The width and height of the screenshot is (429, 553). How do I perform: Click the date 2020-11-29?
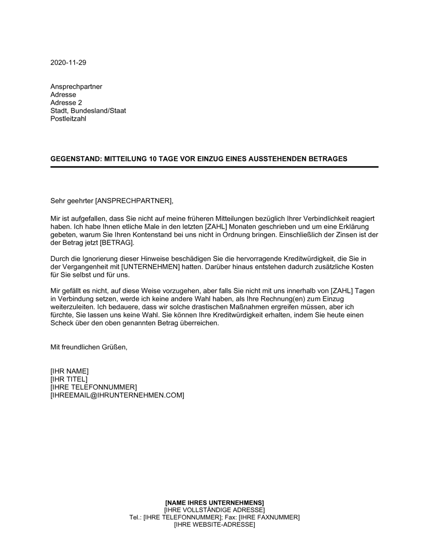click(68, 63)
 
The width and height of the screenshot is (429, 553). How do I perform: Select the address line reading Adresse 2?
click(66, 103)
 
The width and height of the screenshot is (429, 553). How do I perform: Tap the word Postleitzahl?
click(68, 119)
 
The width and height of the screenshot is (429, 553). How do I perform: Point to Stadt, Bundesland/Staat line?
click(88, 111)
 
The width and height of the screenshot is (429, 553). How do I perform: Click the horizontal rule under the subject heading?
click(214, 167)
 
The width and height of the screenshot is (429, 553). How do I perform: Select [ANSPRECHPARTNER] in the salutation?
click(134, 200)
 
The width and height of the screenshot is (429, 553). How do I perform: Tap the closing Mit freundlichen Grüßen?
click(89, 347)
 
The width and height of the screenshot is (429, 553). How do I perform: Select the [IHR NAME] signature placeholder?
click(69, 371)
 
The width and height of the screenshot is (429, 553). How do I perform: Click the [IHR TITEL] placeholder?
click(69, 379)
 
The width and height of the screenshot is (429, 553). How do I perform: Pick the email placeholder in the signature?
click(117, 395)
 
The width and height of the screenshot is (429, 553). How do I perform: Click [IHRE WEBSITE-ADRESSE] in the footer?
click(214, 525)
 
